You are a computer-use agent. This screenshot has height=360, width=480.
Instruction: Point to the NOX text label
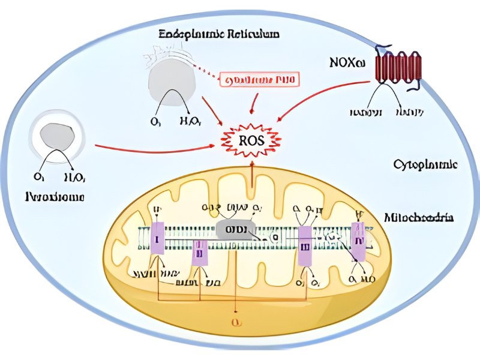tap(346, 62)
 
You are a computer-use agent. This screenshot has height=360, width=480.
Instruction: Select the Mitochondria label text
tap(418, 217)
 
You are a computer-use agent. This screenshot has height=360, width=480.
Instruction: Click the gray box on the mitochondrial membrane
tap(235, 230)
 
